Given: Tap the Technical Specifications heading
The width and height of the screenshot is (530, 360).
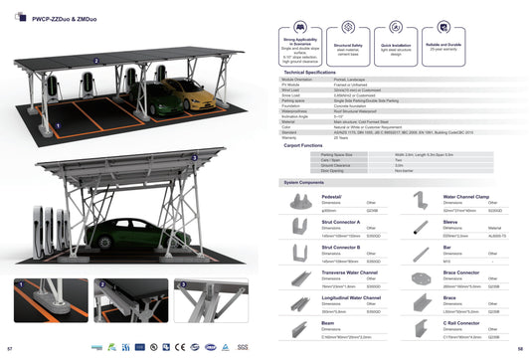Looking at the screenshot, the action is (x=310, y=73).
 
